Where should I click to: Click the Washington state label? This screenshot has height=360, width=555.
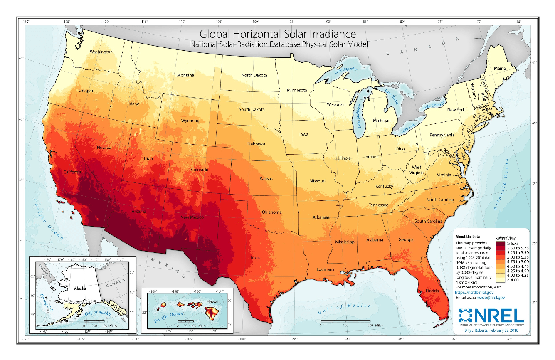(x=101, y=52)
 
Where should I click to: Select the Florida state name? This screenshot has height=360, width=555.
(x=432, y=291)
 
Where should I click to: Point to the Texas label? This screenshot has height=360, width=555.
(x=255, y=258)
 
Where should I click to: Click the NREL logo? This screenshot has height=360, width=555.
(x=490, y=316)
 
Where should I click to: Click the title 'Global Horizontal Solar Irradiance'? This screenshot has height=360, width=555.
(x=278, y=33)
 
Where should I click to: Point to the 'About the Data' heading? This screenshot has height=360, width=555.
(x=467, y=237)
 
